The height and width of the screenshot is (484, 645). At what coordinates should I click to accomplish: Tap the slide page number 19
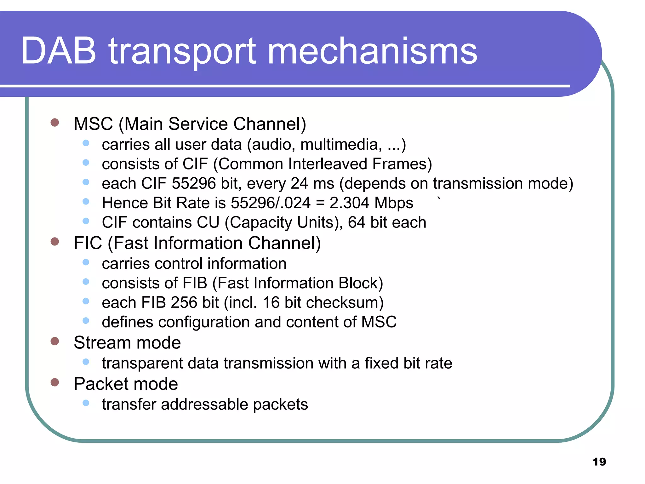[x=599, y=462]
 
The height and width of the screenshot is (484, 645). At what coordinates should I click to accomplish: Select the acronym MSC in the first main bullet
[x=93, y=124]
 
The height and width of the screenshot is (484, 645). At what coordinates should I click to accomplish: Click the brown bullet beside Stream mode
[x=55, y=341]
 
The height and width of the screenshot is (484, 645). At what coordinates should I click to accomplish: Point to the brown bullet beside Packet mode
[x=55, y=382]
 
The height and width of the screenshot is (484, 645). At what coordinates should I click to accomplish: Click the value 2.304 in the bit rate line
[x=349, y=203]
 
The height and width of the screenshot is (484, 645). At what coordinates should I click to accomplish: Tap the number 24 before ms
[x=299, y=184]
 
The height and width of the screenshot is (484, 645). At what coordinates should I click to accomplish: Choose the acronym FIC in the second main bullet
[x=88, y=243]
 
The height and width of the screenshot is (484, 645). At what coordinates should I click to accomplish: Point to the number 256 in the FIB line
[x=184, y=302]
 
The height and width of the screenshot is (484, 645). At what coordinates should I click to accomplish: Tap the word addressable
[x=204, y=405]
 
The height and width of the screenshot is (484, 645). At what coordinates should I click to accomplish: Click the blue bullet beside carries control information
[x=86, y=262]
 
